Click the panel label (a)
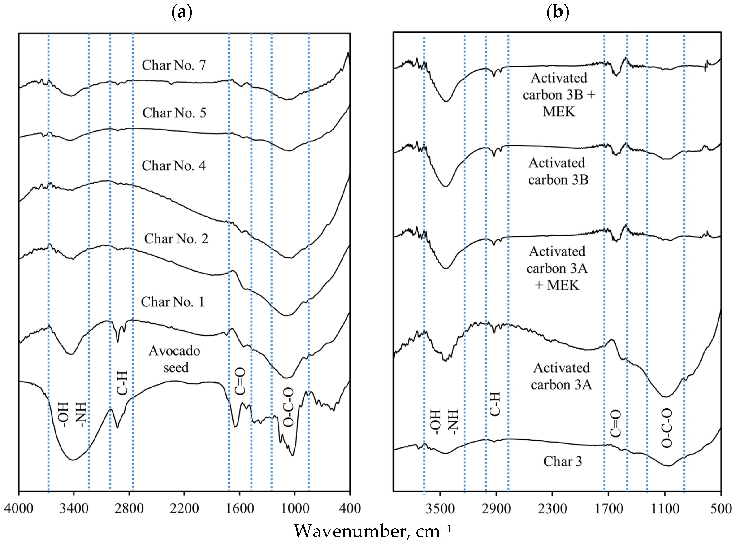(182, 13)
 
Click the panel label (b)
(557, 13)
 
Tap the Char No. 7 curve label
(174, 65)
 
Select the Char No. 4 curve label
(174, 166)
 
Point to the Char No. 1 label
(173, 302)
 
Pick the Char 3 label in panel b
(562, 461)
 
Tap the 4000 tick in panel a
(19, 508)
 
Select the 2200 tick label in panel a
(184, 508)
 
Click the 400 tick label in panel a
(350, 508)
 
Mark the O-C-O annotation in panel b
(667, 428)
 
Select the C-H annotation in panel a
(122, 383)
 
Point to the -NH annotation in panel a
(81, 415)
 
